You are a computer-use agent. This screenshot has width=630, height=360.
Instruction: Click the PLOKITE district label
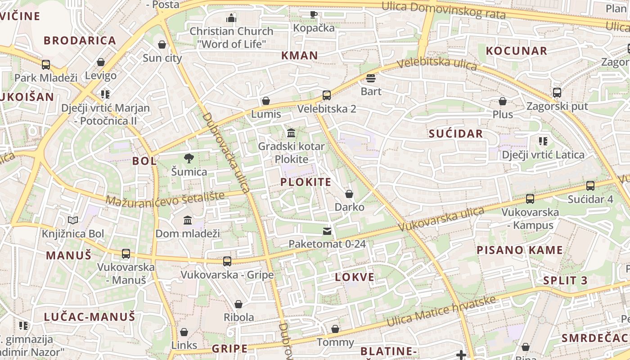click(306, 182)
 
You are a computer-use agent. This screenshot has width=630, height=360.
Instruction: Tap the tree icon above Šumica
click(189, 158)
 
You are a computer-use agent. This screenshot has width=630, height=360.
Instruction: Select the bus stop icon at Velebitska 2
click(327, 95)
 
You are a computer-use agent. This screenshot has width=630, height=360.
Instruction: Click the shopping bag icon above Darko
click(349, 194)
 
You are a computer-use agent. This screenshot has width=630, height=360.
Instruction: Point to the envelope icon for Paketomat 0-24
click(327, 231)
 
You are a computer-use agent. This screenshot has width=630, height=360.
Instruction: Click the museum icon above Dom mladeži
click(188, 220)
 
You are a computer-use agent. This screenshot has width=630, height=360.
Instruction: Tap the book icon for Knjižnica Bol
click(73, 220)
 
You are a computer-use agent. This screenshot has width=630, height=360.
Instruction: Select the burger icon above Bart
click(371, 78)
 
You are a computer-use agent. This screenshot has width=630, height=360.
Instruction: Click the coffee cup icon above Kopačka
click(314, 14)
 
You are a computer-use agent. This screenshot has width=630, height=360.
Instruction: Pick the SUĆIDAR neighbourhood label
click(456, 133)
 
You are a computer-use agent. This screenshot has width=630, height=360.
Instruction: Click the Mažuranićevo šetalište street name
click(165, 198)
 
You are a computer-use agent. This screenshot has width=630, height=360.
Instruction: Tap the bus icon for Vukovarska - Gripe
click(227, 261)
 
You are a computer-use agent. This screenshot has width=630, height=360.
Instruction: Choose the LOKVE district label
click(355, 277)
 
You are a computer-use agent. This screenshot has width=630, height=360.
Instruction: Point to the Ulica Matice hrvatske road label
click(441, 311)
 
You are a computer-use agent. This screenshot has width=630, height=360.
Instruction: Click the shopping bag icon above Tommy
click(335, 329)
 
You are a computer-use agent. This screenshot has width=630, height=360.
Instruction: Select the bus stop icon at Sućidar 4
click(590, 185)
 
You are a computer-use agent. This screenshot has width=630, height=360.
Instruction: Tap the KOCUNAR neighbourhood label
click(517, 50)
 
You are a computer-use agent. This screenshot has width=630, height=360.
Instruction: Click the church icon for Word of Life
click(231, 18)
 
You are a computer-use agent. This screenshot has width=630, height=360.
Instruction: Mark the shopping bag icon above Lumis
click(266, 100)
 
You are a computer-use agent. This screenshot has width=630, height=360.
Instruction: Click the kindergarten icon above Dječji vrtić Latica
click(543, 141)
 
